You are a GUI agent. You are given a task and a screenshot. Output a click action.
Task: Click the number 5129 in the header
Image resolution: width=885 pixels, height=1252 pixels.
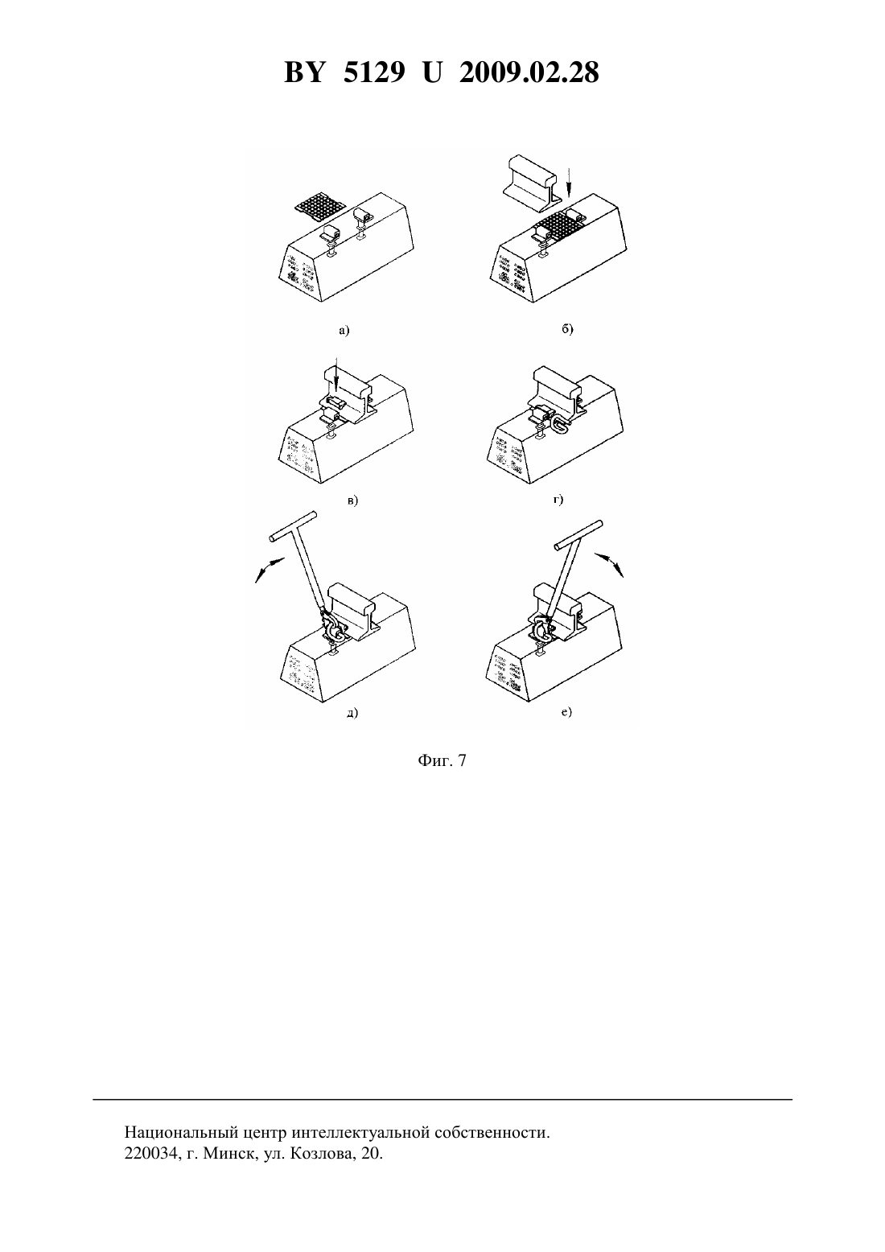tap(374, 73)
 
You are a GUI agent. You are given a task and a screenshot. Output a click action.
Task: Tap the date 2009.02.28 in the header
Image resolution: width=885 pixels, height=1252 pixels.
tap(529, 73)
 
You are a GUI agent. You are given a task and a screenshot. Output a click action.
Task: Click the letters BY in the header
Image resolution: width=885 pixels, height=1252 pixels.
tap(304, 73)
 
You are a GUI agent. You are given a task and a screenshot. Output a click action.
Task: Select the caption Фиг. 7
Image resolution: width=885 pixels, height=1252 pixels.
tap(442, 760)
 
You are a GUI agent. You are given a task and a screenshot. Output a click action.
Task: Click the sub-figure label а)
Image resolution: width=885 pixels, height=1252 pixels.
tap(344, 331)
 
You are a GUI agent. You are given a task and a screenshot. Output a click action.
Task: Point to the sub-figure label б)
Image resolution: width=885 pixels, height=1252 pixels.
tap(568, 328)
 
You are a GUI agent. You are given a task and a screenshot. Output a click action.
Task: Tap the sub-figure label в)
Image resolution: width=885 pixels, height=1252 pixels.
tap(352, 500)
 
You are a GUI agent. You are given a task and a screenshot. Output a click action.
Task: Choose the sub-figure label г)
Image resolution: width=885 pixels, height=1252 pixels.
tap(558, 499)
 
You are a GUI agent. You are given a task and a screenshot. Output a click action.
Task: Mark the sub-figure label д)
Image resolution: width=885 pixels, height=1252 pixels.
tap(352, 713)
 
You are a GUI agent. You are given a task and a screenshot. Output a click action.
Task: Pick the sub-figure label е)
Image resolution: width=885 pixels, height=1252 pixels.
tap(566, 711)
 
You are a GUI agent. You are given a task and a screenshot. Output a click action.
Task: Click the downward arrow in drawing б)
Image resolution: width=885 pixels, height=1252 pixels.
tap(569, 182)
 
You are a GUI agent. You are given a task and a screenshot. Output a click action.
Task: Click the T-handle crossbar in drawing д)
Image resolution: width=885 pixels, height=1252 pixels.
tap(292, 525)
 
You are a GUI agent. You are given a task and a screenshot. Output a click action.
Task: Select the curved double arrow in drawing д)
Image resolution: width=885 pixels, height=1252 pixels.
tap(270, 569)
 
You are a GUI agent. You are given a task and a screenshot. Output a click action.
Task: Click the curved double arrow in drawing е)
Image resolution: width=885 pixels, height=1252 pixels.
tap(609, 563)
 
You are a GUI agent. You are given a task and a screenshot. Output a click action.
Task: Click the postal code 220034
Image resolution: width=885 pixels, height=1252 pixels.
tap(150, 1153)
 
